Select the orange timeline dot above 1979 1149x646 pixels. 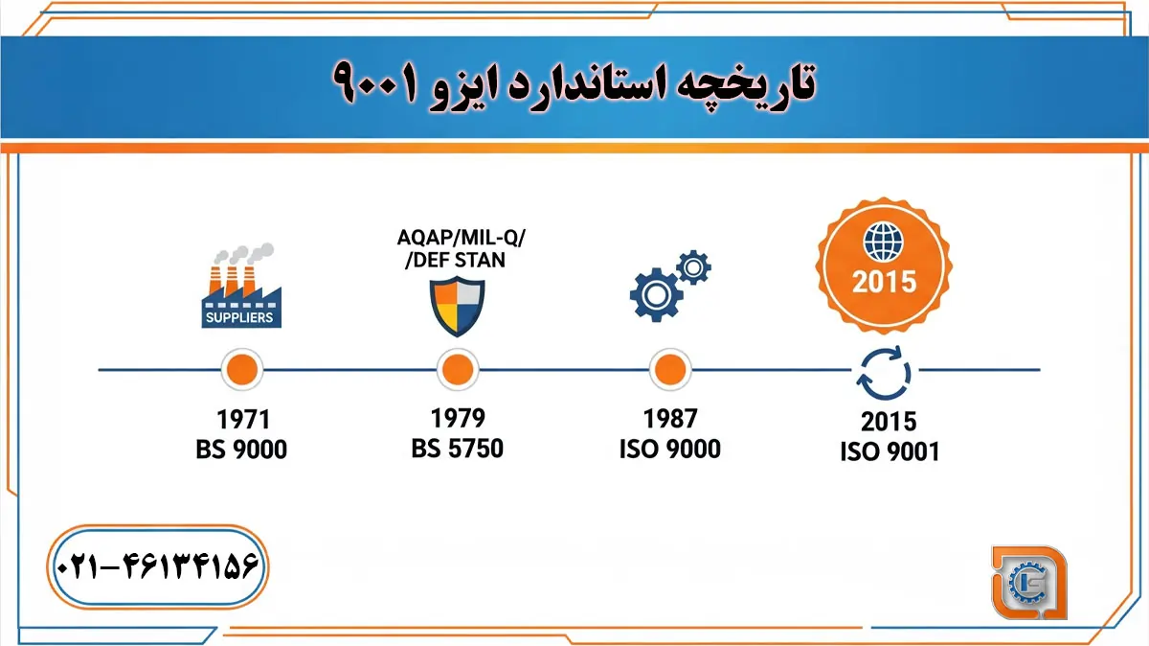pyautogui.click(x=457, y=369)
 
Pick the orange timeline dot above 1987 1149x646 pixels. pyautogui.click(x=669, y=369)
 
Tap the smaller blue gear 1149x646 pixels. pyautogui.click(x=693, y=266)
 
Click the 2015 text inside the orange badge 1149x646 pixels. pyautogui.click(x=885, y=281)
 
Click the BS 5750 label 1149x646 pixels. pyautogui.click(x=457, y=448)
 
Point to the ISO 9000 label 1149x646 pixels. pyautogui.click(x=669, y=449)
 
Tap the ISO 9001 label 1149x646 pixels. pyautogui.click(x=890, y=450)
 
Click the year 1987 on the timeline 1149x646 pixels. pyautogui.click(x=670, y=419)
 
